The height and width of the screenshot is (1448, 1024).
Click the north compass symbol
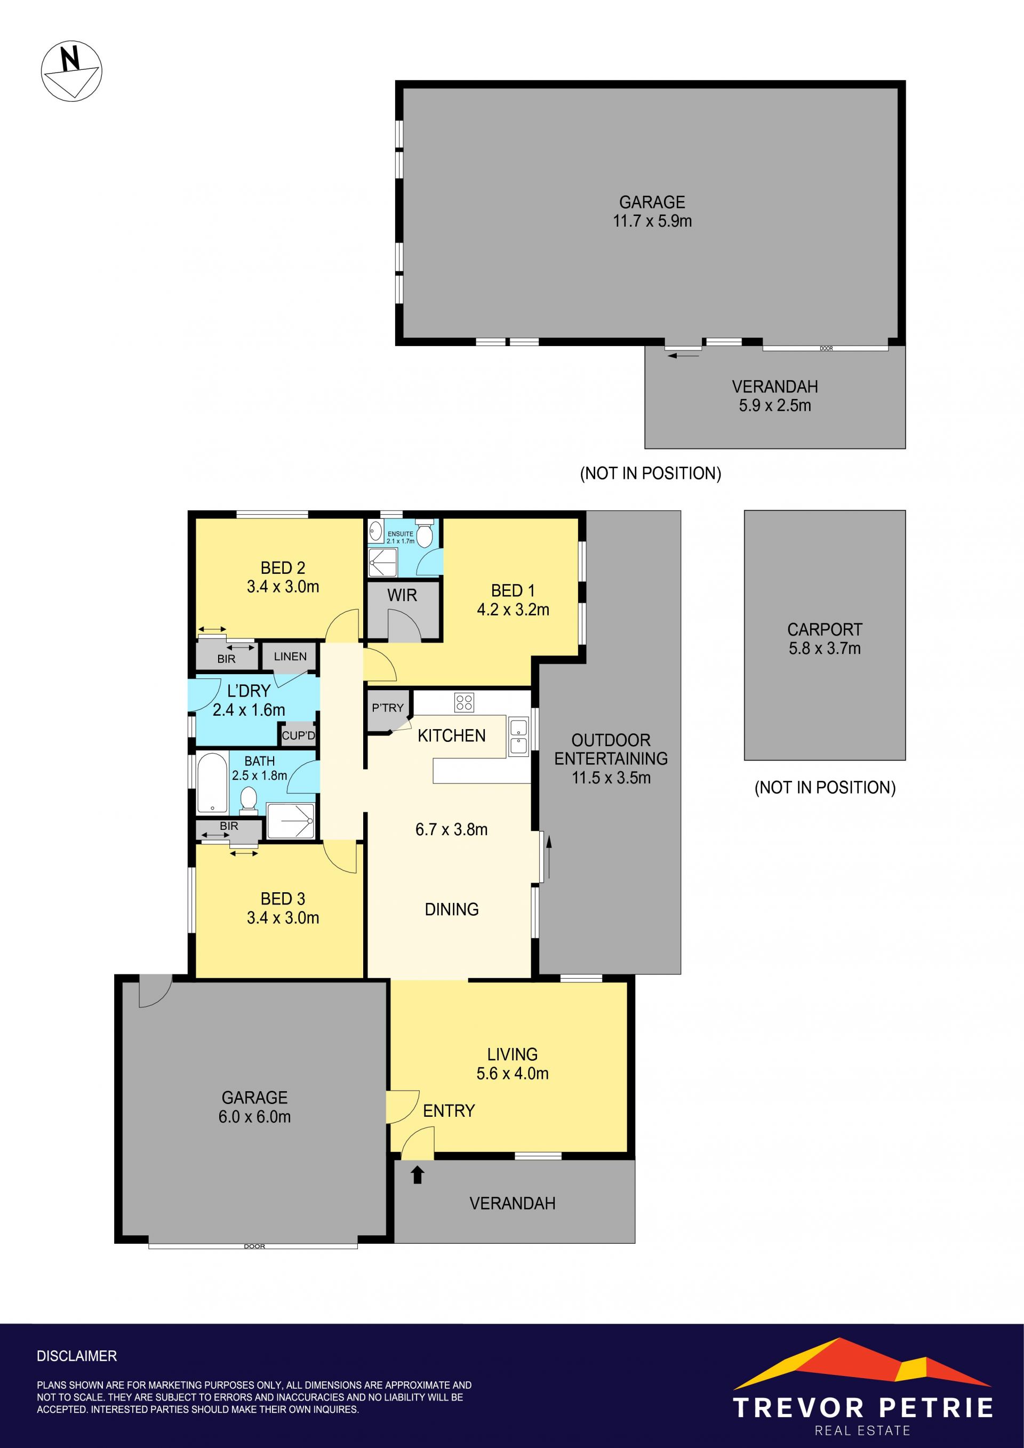[x=71, y=70]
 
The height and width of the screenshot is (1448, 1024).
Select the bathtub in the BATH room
[x=212, y=782]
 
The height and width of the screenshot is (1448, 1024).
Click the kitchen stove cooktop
[x=465, y=702]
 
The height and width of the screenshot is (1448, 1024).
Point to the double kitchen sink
[x=519, y=737]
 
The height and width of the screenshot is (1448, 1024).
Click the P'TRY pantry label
[x=387, y=708]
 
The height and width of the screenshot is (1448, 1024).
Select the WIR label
[x=402, y=595]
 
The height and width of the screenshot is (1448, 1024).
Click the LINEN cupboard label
[x=290, y=657]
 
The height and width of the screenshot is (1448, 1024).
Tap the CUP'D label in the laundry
[x=298, y=735]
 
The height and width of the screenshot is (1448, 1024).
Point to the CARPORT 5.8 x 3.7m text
[x=825, y=638]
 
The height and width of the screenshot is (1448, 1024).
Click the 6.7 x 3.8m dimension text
[x=452, y=829]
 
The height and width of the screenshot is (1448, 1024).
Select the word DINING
[x=452, y=909]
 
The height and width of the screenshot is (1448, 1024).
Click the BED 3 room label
[x=283, y=899]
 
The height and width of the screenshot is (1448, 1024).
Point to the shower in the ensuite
[x=383, y=562]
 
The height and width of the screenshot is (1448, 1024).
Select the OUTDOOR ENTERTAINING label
[x=611, y=749]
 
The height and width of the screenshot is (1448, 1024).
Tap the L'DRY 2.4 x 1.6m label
[x=249, y=700]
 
